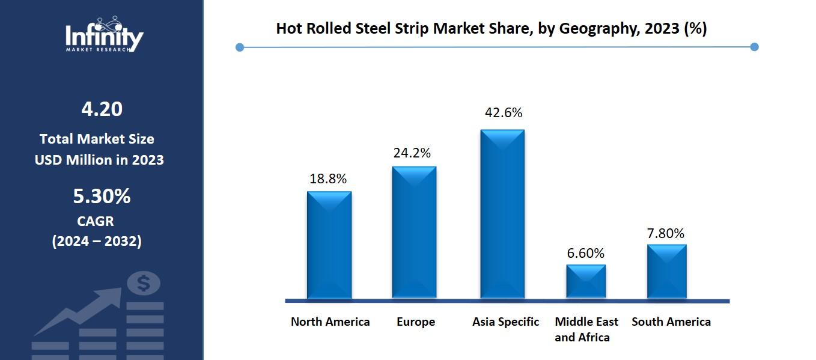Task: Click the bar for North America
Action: click(329, 245)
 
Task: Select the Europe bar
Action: click(414, 232)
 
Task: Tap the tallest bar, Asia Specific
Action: click(502, 214)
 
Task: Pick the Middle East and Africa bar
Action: click(586, 281)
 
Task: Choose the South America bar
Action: click(666, 271)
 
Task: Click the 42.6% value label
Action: click(504, 112)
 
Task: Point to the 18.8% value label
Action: click(328, 178)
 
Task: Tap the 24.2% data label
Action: click(412, 153)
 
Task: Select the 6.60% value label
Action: click(586, 253)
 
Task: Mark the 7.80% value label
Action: click(666, 233)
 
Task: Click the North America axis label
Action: click(330, 322)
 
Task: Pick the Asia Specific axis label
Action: click(505, 322)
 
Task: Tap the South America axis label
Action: click(671, 322)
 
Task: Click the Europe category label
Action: click(415, 322)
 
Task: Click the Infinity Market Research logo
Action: click(104, 34)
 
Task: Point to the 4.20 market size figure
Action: click(102, 109)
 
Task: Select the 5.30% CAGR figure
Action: click(102, 196)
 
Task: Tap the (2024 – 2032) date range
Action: click(97, 241)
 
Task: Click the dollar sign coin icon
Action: click(143, 282)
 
